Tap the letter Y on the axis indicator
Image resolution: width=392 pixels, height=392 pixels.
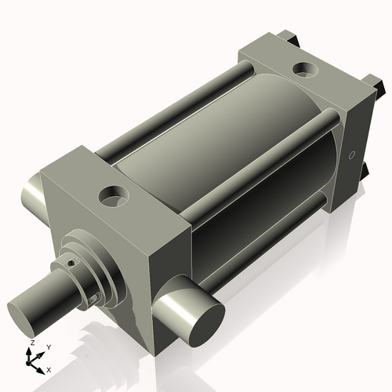(48, 347)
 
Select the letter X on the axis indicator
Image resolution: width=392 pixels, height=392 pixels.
(49, 368)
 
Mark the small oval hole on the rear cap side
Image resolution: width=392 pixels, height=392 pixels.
(351, 154)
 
